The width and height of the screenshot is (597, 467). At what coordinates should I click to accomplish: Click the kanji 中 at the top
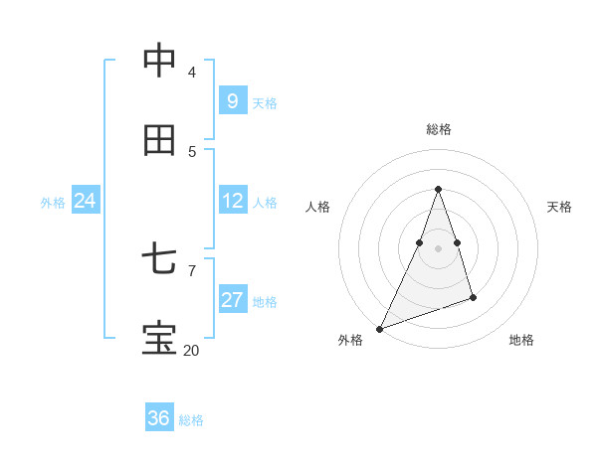(x=159, y=61)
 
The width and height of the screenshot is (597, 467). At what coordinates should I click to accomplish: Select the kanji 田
(x=159, y=141)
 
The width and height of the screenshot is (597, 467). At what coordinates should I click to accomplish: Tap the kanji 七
(x=159, y=260)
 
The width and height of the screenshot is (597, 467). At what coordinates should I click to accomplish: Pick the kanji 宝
(x=159, y=339)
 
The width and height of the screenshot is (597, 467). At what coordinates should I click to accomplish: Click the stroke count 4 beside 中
(x=192, y=72)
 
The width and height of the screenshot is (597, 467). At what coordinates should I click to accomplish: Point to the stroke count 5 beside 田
(x=192, y=151)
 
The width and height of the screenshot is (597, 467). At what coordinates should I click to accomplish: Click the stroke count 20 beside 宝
(x=191, y=350)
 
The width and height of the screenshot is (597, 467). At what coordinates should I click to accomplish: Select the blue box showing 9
(x=233, y=100)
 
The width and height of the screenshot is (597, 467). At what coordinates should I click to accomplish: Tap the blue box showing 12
(x=233, y=201)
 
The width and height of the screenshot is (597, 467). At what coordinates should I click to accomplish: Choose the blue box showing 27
(x=233, y=300)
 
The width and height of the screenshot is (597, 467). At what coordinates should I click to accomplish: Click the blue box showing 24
(x=86, y=201)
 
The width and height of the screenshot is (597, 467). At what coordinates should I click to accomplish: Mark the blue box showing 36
(x=159, y=418)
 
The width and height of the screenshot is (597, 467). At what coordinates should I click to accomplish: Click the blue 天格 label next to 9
(x=265, y=103)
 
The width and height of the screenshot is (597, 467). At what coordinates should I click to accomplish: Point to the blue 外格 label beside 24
(x=53, y=203)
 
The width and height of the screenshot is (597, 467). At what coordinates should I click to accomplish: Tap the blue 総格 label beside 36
(x=191, y=420)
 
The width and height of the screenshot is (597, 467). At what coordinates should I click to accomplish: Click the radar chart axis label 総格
(x=438, y=129)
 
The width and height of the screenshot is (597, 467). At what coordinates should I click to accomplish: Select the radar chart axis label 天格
(x=560, y=207)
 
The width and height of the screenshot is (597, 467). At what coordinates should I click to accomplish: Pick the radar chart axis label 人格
(x=317, y=207)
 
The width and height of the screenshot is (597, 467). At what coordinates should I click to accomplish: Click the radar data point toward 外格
(x=379, y=329)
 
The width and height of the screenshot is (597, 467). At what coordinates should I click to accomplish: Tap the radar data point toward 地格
(x=473, y=297)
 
